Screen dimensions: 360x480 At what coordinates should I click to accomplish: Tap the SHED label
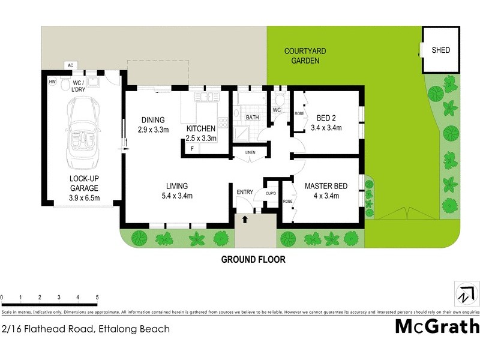[x=440, y=50]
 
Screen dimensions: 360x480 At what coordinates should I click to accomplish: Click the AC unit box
[x=70, y=65]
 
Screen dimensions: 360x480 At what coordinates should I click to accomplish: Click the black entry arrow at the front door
[x=245, y=220]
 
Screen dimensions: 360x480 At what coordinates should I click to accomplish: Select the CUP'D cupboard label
[x=271, y=193]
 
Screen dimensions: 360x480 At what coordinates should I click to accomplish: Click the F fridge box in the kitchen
[x=191, y=148]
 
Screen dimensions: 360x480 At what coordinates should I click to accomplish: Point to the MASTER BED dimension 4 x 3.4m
[x=325, y=196]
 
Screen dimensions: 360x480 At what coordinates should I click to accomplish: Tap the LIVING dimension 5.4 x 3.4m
[x=178, y=196]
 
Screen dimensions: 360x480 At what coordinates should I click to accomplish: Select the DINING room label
[x=153, y=119]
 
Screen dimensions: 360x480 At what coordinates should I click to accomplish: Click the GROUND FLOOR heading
[x=253, y=260]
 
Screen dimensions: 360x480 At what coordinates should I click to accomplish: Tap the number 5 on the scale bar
[x=97, y=298]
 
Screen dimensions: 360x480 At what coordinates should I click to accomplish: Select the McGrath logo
[x=437, y=326]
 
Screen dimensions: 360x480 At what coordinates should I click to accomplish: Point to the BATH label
[x=252, y=117]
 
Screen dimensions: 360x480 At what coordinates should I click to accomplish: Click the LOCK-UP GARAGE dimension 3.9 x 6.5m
[x=84, y=198]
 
